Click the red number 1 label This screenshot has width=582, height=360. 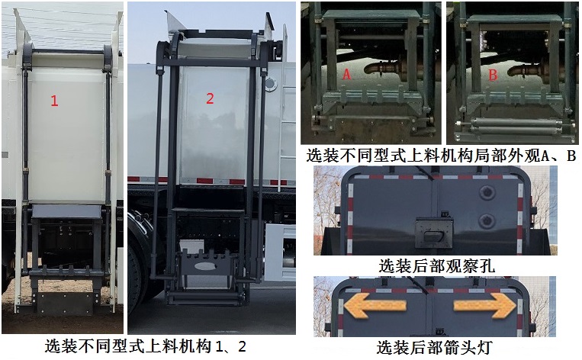[x=54, y=100]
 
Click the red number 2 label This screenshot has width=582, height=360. [x=211, y=98]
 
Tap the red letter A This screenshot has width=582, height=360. [x=346, y=74]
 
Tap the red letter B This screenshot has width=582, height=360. [x=493, y=75]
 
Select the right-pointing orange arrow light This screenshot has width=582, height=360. [x=485, y=307]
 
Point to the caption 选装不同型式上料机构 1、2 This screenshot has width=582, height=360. [x=146, y=346]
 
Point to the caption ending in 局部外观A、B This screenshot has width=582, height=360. [x=440, y=156]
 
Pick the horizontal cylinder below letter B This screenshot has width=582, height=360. [x=510, y=123]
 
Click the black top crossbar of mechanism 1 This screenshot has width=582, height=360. [x=68, y=50]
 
